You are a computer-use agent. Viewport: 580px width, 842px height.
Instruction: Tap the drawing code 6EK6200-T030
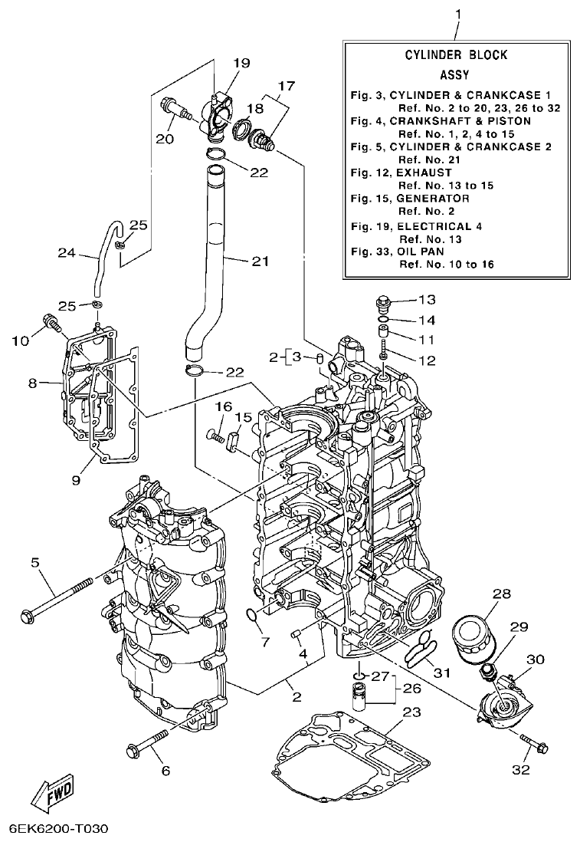(59, 829)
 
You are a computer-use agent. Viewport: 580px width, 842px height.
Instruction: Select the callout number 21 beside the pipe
(261, 261)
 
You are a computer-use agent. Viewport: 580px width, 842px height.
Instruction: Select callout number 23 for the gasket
(411, 712)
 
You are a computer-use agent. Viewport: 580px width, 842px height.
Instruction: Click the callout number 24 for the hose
(68, 252)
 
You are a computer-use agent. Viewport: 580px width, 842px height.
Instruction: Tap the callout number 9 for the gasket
(76, 480)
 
